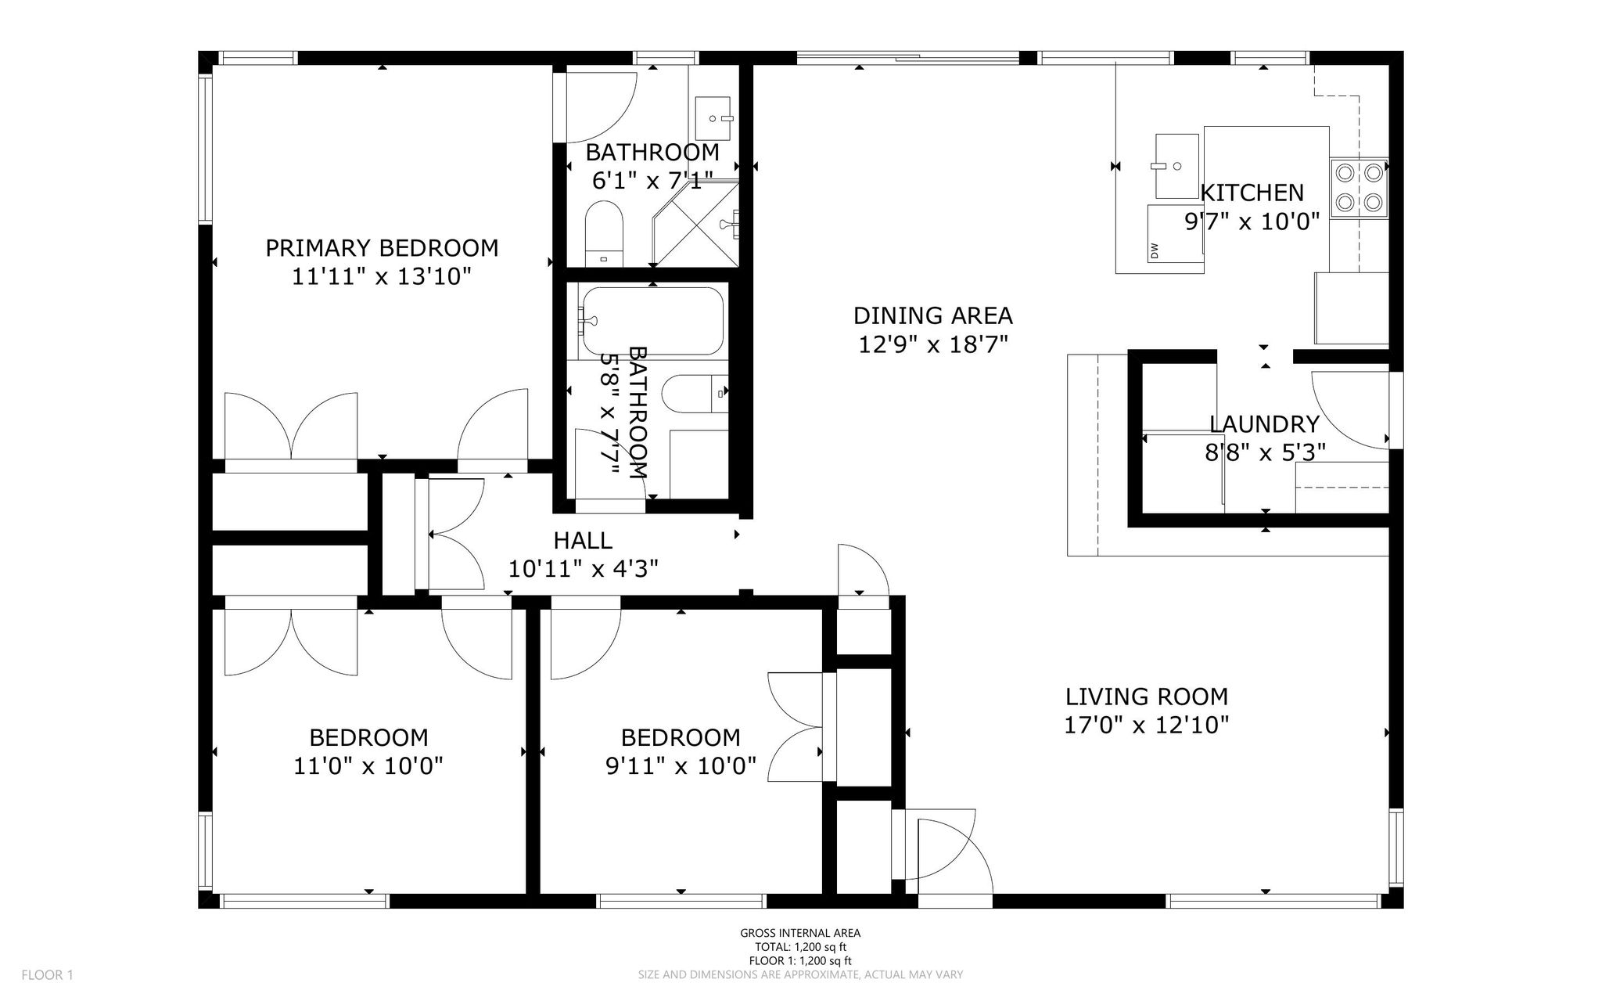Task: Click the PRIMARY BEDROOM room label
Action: click(382, 248)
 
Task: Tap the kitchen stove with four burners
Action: click(1359, 189)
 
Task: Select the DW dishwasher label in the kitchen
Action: click(1155, 250)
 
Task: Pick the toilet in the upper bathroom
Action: click(604, 233)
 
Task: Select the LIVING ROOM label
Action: click(1147, 697)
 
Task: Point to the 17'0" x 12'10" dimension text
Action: click(1147, 726)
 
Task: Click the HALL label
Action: click(583, 540)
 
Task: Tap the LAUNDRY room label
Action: click(1264, 424)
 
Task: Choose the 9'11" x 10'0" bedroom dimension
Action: click(681, 765)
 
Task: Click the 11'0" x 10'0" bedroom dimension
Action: click(368, 765)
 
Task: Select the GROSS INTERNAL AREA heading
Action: click(800, 933)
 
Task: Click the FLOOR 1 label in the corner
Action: click(47, 975)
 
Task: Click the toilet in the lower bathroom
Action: click(695, 394)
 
